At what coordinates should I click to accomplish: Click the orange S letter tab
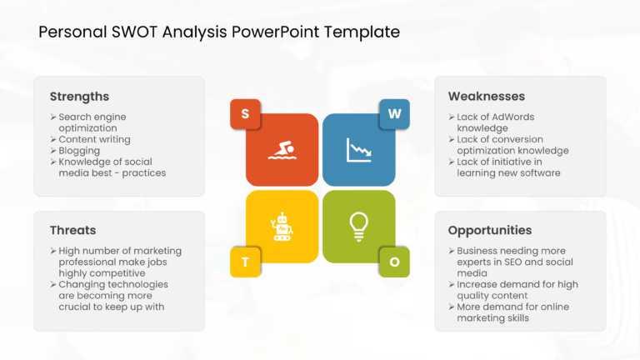(x=245, y=114)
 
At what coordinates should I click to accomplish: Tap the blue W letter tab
(x=394, y=114)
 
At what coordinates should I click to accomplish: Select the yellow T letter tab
(x=245, y=262)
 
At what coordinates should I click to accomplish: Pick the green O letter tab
(x=394, y=262)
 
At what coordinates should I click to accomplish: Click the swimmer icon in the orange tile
(x=282, y=150)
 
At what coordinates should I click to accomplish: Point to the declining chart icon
(x=359, y=150)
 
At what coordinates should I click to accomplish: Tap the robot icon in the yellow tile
(x=282, y=227)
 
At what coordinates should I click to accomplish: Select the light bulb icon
(x=359, y=227)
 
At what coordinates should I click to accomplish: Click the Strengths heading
(x=80, y=97)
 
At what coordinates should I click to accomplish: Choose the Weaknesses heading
(x=487, y=97)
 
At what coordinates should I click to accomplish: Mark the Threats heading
(x=73, y=230)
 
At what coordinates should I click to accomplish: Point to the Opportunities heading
(x=490, y=231)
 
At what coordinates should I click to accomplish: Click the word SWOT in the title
(x=134, y=32)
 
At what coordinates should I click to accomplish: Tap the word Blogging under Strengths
(x=79, y=151)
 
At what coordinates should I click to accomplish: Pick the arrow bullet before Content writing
(x=53, y=140)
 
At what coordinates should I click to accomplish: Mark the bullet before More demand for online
(x=452, y=307)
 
